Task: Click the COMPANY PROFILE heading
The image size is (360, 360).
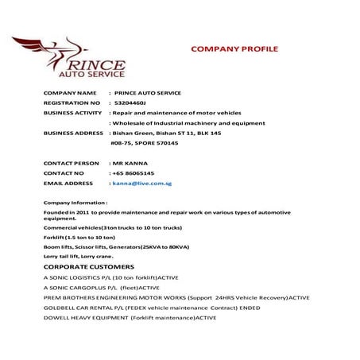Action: tap(234, 48)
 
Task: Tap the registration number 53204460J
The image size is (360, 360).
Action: tap(130, 103)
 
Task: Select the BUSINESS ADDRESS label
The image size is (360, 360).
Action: tap(74, 133)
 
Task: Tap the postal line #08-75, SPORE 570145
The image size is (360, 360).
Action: tap(144, 143)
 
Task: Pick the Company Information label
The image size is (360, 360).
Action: tap(75, 203)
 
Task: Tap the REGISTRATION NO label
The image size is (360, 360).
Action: tap(72, 103)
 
